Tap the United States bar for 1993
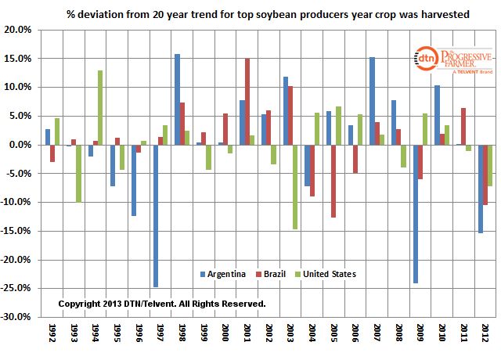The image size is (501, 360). pos(78,173)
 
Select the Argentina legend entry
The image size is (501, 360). pos(227,274)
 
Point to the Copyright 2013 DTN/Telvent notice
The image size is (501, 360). pos(162,303)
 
